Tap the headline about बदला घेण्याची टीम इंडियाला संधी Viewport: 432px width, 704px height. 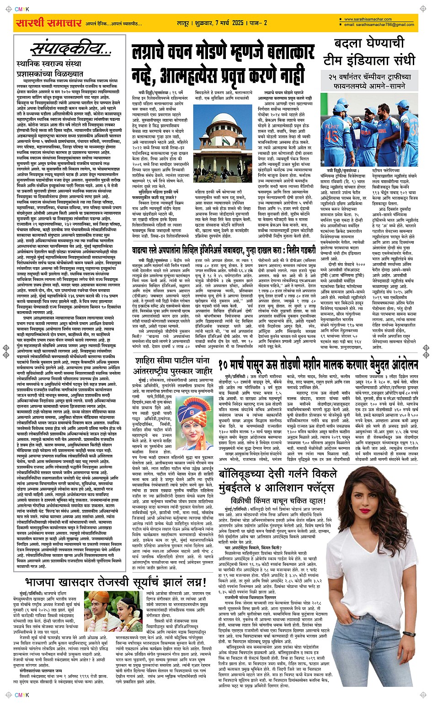click(x=369, y=52)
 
